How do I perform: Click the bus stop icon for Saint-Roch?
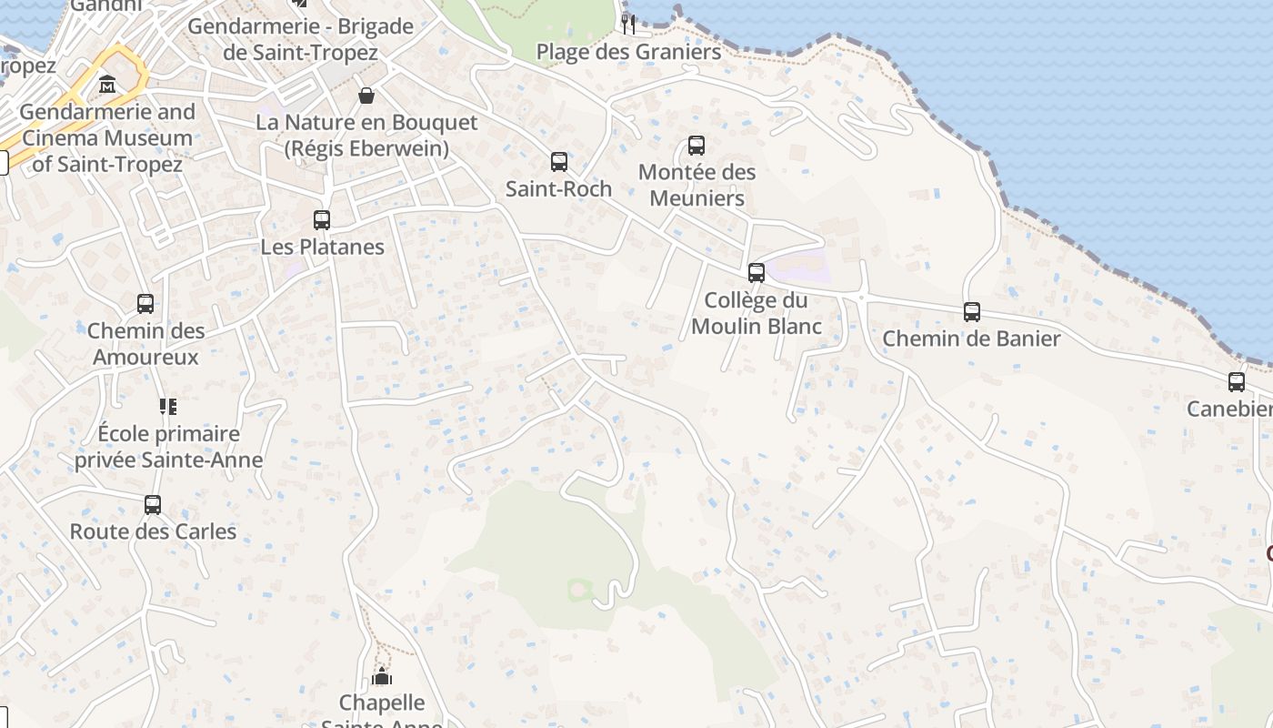(559, 162)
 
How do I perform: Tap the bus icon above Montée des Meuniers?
(697, 145)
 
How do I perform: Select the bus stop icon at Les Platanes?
(322, 219)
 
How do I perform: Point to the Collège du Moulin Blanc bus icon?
(757, 272)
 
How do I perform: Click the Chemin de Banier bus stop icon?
(972, 311)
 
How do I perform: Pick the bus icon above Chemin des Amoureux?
(145, 304)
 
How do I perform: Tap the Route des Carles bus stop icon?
(153, 504)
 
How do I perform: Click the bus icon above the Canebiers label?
(1237, 381)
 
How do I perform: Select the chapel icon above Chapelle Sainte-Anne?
(382, 676)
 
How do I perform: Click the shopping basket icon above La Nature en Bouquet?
(366, 96)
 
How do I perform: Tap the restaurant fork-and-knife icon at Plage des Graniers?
(628, 24)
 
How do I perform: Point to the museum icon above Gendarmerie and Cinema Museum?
(107, 85)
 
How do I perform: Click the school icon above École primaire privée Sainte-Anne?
(168, 406)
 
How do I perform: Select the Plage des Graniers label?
(628, 52)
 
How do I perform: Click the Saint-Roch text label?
(558, 188)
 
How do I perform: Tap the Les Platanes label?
(323, 247)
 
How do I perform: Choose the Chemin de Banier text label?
(971, 339)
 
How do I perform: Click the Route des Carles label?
(153, 531)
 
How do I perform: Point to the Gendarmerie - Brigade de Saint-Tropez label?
(300, 40)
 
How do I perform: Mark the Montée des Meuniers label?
(697, 185)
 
